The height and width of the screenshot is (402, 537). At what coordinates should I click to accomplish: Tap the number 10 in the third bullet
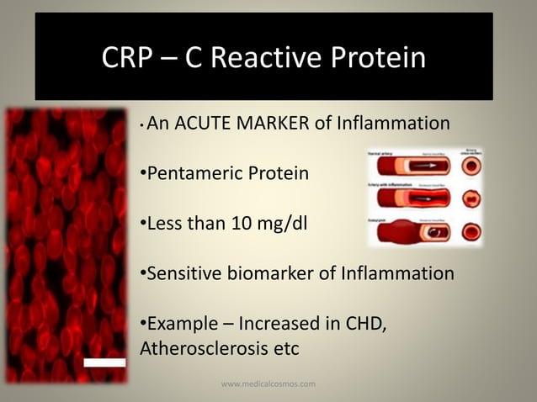pos(244,224)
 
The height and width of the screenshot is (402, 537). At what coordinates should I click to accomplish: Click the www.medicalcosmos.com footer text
pos(268,383)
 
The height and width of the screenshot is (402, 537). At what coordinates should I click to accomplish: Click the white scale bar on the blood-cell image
pos(104,362)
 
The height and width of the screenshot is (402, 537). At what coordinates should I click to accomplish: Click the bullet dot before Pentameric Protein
pos(142,174)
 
